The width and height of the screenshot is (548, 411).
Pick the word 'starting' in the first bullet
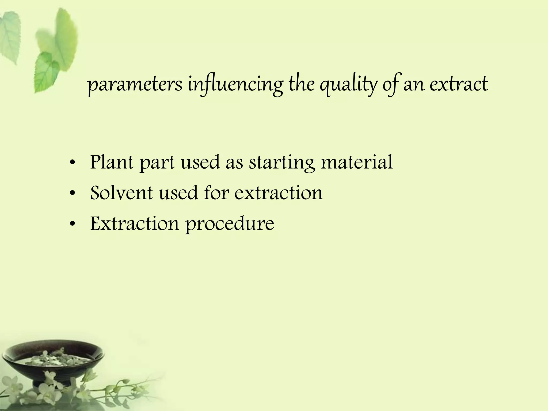tap(282, 163)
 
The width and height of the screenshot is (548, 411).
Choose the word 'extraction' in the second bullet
tap(279, 193)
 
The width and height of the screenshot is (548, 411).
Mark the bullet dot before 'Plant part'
tap(72, 163)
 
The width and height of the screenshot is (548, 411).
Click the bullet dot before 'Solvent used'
tap(72, 194)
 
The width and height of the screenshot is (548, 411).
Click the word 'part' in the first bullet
tap(157, 163)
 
